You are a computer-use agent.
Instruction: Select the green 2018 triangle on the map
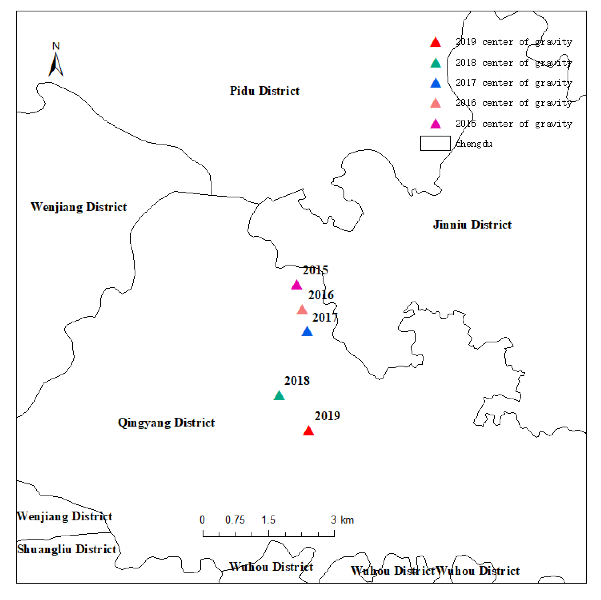279,396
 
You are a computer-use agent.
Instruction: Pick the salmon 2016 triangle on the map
302,310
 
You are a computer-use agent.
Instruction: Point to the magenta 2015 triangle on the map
297,285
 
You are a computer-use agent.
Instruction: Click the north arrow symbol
56,65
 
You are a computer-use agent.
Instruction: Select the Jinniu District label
472,225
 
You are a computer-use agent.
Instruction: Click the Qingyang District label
166,423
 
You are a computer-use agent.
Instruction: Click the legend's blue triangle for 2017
436,83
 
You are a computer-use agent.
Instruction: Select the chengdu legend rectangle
435,143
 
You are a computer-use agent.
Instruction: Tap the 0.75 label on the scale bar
235,520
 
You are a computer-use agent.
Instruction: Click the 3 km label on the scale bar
342,520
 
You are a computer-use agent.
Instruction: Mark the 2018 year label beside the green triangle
297,381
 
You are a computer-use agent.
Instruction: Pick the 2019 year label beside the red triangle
327,416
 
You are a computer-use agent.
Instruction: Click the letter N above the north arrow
56,46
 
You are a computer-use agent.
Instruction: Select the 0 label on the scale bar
202,520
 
